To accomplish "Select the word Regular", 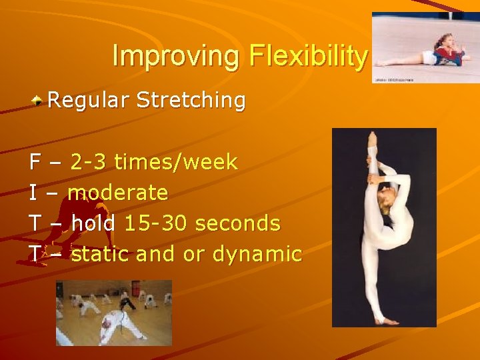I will pos(89,101).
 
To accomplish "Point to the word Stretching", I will pos(191,101).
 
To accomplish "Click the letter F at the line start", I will pos(35,162).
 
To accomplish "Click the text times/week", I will pos(175,162).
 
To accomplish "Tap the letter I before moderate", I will pos(33,193).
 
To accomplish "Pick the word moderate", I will pos(118,193).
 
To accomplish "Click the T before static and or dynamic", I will pos(35,254).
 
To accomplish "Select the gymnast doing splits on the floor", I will pos(440,52).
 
